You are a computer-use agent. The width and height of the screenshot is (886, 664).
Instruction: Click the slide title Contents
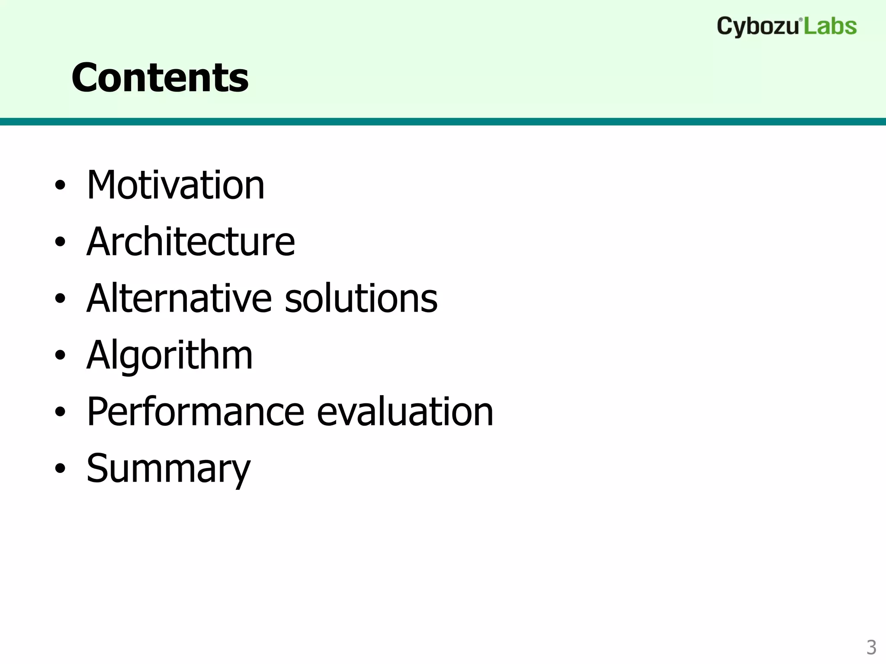click(x=160, y=78)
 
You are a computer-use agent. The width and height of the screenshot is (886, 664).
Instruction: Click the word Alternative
click(x=179, y=298)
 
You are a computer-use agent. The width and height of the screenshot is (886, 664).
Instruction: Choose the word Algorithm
click(x=170, y=355)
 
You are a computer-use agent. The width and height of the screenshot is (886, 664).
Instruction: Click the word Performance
click(x=196, y=412)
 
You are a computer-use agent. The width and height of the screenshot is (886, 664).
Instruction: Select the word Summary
click(x=168, y=469)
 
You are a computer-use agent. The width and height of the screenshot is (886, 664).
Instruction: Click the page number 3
click(x=871, y=648)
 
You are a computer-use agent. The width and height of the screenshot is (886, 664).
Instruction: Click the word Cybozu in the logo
click(x=758, y=27)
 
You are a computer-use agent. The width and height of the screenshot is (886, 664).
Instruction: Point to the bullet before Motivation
click(x=60, y=186)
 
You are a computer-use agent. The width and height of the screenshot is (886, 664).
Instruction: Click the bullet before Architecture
click(x=60, y=242)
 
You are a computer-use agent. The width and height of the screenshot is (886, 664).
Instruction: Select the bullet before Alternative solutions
click(x=60, y=299)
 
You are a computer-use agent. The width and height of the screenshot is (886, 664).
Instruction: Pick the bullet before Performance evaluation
click(x=60, y=412)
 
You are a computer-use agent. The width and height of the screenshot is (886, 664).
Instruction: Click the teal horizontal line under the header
click(x=443, y=121)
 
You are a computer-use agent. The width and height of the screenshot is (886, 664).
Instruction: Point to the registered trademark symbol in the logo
click(x=801, y=20)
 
